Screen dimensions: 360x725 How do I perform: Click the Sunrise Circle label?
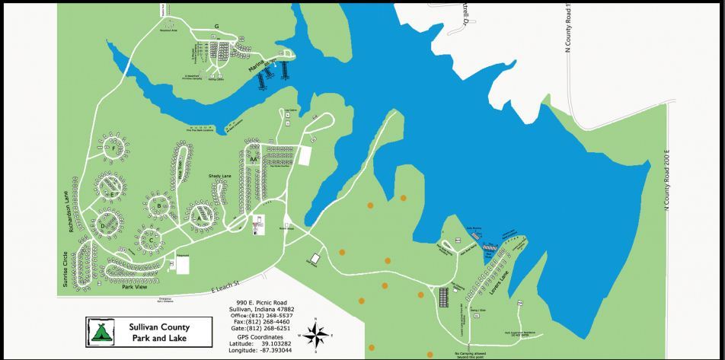coord(65,269)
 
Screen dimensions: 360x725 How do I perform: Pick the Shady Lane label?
coord(220,177)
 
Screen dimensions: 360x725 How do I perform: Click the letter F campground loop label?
coord(113,148)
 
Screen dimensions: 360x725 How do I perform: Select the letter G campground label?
coord(216,27)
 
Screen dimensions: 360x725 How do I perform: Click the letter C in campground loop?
coord(151,241)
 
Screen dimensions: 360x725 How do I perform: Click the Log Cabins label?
coord(290,110)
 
